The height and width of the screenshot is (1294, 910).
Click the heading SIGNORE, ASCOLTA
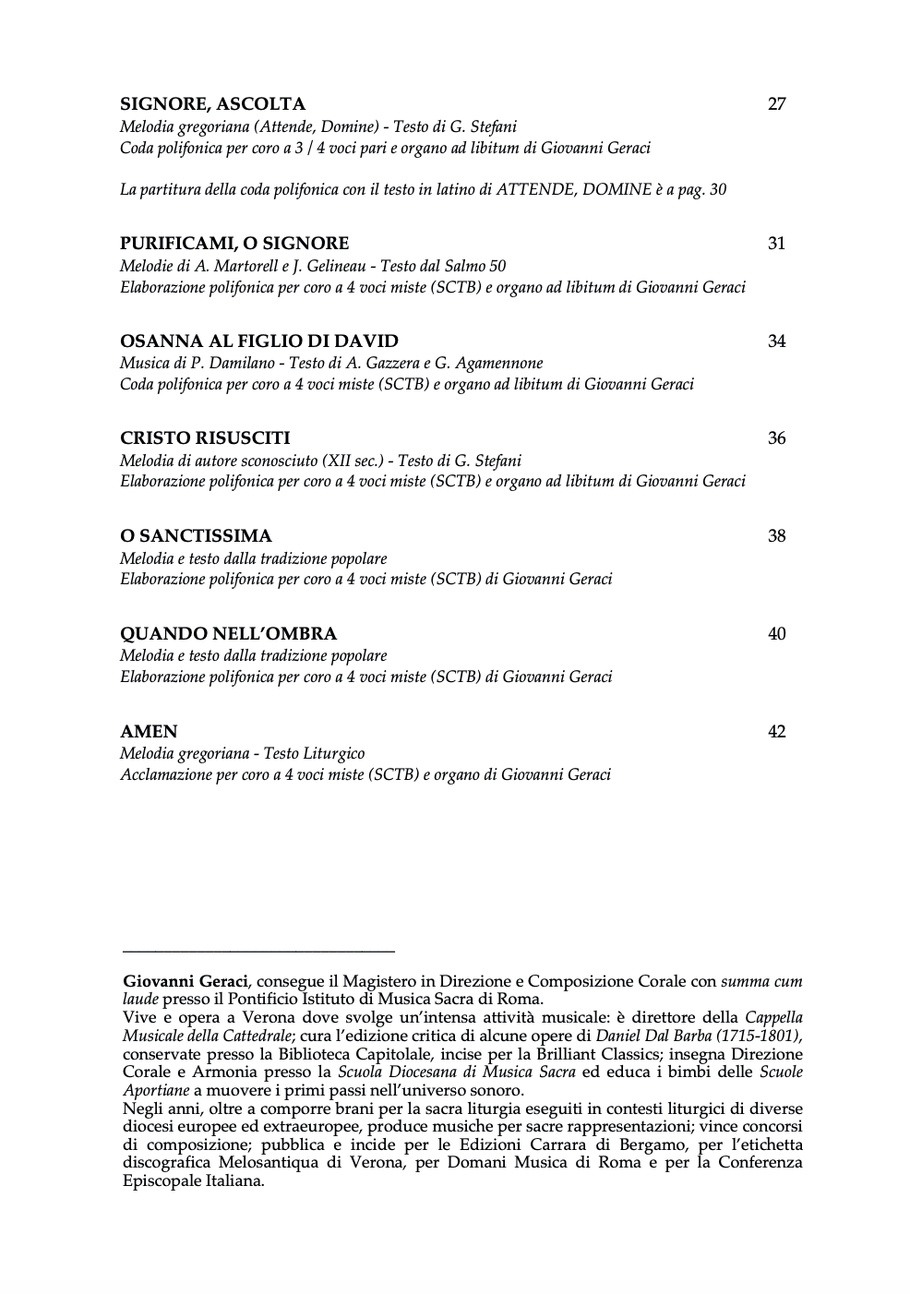pos(212,104)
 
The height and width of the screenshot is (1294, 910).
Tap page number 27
pos(776,104)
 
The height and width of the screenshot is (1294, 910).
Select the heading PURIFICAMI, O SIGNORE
pos(234,244)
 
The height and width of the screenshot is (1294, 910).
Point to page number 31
pos(776,244)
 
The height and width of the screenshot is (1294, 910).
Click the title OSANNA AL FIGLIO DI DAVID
pos(259,341)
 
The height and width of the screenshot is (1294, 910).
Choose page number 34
pos(776,341)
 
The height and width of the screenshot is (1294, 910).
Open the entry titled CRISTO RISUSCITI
pos(205,438)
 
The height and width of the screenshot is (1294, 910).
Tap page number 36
pos(776,438)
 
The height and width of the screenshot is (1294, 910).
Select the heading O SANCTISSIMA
pos(196,536)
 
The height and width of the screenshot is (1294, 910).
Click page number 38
pos(776,536)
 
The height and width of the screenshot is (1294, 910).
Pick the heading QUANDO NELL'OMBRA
pos(228,634)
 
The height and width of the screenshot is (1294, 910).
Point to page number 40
pos(776,634)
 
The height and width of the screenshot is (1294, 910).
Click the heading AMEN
pos(149,732)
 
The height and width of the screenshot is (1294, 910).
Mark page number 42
pos(776,732)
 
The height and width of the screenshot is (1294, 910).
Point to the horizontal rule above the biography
pos(258,950)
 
